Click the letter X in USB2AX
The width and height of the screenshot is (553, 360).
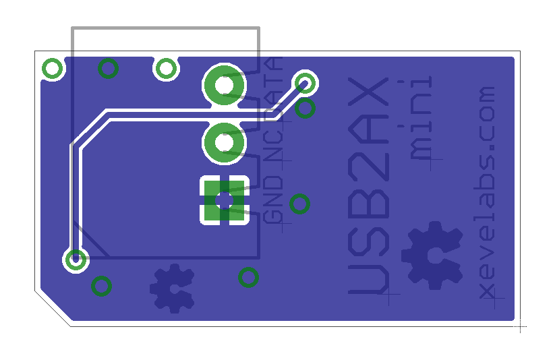pos(368,92)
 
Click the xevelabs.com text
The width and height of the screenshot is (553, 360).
pos(487,193)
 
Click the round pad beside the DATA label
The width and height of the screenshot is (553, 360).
pos(224,85)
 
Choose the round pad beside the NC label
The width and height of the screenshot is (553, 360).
pos(224,143)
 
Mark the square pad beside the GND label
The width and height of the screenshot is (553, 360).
pos(225,200)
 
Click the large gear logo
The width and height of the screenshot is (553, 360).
pos(432,255)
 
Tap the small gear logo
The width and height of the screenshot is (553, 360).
pos(172,289)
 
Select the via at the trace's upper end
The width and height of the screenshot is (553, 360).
pos(305,84)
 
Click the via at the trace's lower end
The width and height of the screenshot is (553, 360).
pos(76,260)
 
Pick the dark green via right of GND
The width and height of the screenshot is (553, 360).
pos(300,204)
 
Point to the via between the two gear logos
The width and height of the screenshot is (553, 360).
pos(248,278)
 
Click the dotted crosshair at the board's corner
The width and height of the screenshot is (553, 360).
pos(520,327)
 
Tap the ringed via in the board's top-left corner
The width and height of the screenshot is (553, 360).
pos(52,68)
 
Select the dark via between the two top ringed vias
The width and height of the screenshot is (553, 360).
pos(108,68)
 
